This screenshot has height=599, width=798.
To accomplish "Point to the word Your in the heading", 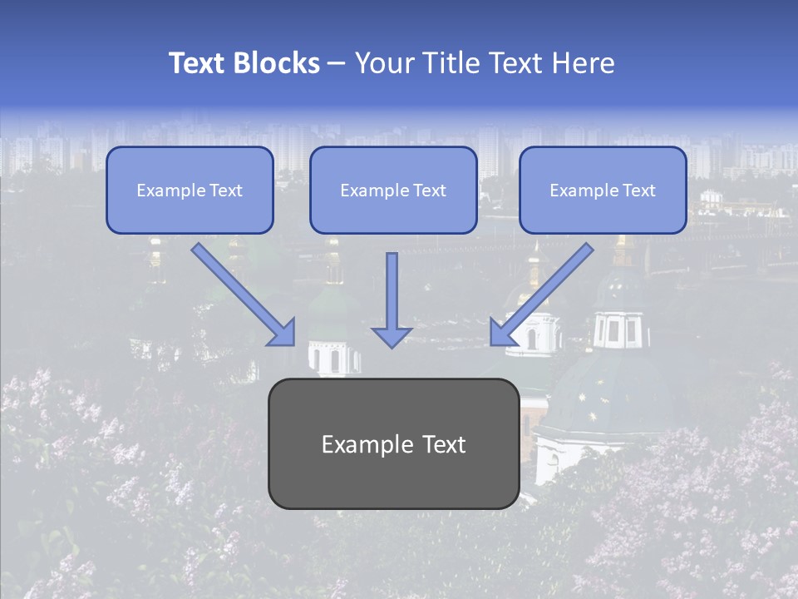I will coord(384,63).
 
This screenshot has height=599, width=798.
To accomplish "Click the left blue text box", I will coord(190,190).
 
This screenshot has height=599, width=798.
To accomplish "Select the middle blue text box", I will coord(393,190).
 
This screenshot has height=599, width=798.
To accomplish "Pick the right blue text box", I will coord(603,190).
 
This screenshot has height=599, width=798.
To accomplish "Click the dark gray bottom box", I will coord(393,443).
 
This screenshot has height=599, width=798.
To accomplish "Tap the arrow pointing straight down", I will coord(392,295).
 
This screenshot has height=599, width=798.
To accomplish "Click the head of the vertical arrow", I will coord(392,336).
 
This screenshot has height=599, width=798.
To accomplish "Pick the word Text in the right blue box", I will coord(638,191).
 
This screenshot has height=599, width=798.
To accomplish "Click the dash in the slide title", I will coord(337,63).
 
